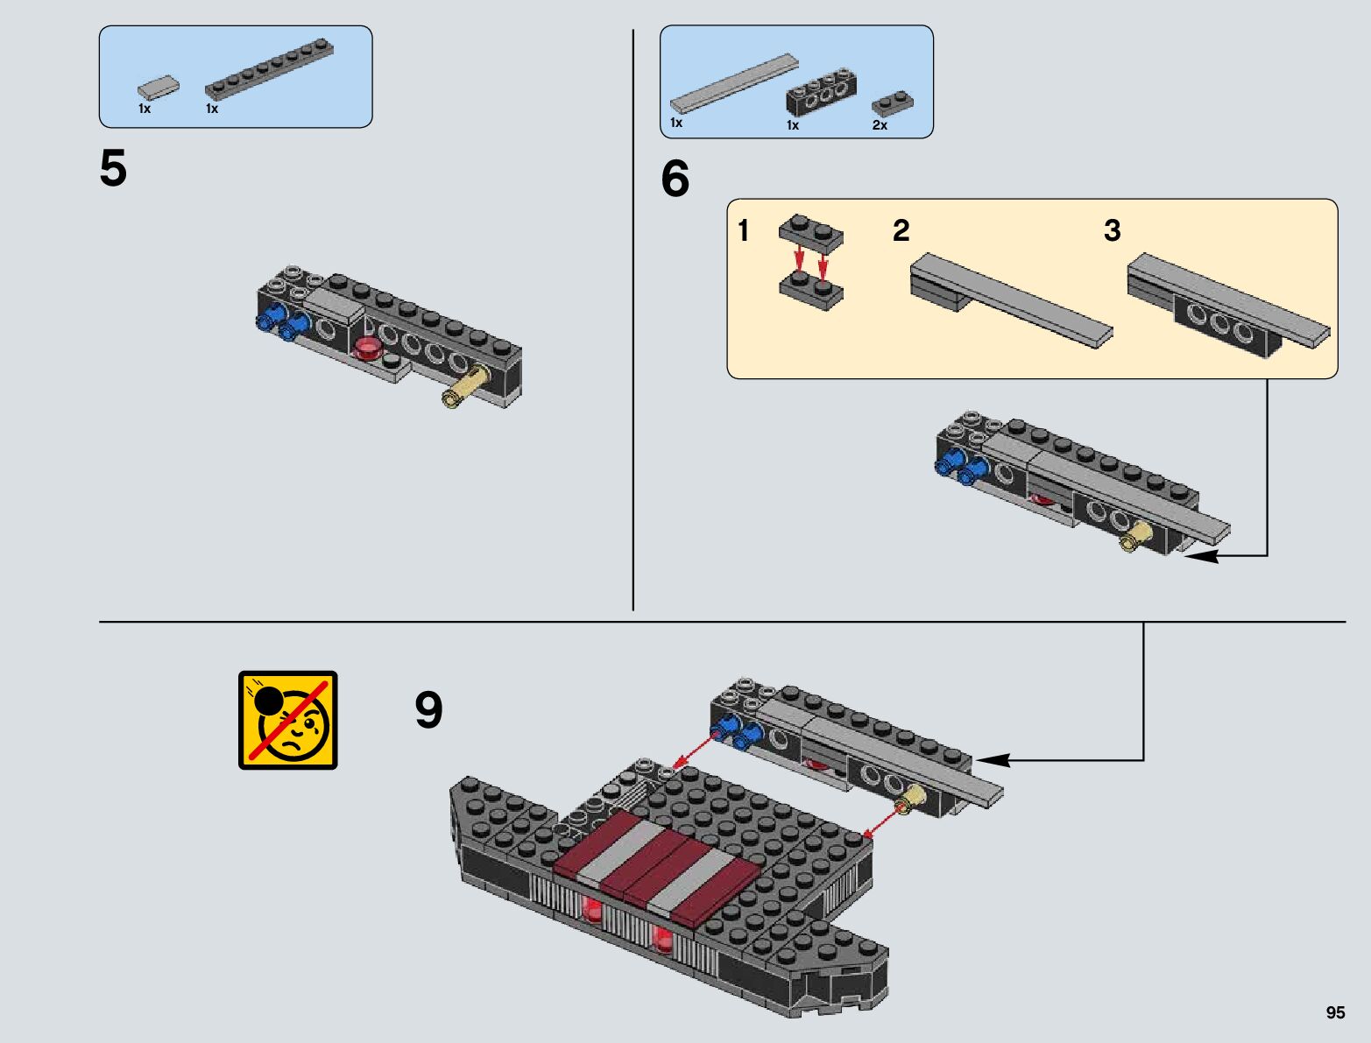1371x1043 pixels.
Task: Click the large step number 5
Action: pyautogui.click(x=113, y=168)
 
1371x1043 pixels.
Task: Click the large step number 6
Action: pyautogui.click(x=675, y=179)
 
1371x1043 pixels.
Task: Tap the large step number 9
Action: pyautogui.click(x=428, y=709)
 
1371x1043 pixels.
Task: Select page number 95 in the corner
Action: pyautogui.click(x=1335, y=1012)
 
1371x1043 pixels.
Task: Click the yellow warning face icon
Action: pyautogui.click(x=288, y=721)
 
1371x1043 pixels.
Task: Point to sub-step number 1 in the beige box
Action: pyautogui.click(x=743, y=230)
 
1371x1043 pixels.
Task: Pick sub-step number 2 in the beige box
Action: pyautogui.click(x=901, y=230)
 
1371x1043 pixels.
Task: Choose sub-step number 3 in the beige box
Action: pyautogui.click(x=1112, y=230)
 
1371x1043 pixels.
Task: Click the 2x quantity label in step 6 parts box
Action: pyautogui.click(x=880, y=125)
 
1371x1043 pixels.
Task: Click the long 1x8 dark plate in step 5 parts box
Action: pyautogui.click(x=269, y=70)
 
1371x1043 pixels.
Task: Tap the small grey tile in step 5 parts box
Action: pyautogui.click(x=159, y=88)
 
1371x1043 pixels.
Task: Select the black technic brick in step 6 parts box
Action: pyautogui.click(x=821, y=94)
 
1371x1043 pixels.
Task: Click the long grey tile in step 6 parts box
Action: pyautogui.click(x=734, y=84)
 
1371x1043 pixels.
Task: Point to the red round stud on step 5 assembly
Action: pyautogui.click(x=368, y=348)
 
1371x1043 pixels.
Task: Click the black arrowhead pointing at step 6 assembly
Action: pyautogui.click(x=1202, y=555)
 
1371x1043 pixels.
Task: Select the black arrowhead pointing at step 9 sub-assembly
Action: pyautogui.click(x=993, y=759)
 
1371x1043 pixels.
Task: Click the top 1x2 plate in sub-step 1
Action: pyautogui.click(x=810, y=234)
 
